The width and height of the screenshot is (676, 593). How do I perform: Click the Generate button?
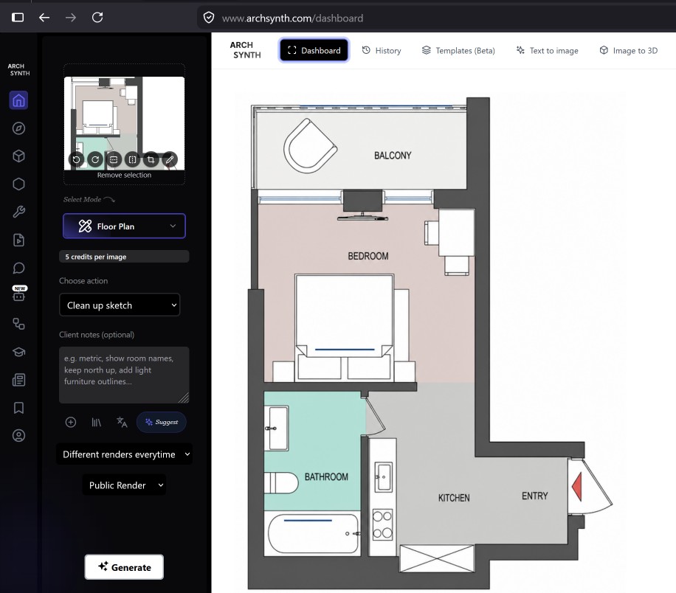[x=124, y=566]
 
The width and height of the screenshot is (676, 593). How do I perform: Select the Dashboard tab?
[x=314, y=50]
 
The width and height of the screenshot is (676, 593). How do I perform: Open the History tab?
[x=382, y=50]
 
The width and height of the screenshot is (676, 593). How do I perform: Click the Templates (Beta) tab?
[x=458, y=50]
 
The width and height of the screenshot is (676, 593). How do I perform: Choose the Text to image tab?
[x=547, y=50]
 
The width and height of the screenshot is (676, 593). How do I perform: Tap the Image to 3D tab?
[x=629, y=50]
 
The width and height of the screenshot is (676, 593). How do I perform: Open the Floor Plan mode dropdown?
[x=124, y=226]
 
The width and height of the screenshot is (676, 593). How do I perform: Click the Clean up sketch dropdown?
[x=120, y=305]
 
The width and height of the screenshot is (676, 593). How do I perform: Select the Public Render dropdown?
[x=124, y=485]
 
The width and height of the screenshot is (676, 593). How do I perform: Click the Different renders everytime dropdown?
[x=124, y=454]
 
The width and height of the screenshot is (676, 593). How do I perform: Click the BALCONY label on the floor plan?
[x=393, y=156]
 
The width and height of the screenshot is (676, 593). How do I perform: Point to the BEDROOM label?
[x=368, y=256]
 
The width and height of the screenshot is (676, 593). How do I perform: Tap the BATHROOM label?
[x=326, y=477]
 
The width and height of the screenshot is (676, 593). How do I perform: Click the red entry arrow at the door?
[x=577, y=487]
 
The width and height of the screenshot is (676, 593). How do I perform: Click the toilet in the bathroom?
[x=281, y=482]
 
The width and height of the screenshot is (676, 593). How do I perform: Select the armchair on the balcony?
[x=310, y=146]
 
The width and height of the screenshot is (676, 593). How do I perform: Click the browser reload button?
[x=97, y=17]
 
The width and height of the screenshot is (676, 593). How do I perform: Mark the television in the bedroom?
[x=362, y=205]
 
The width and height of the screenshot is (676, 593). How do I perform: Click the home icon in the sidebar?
[x=18, y=100]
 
